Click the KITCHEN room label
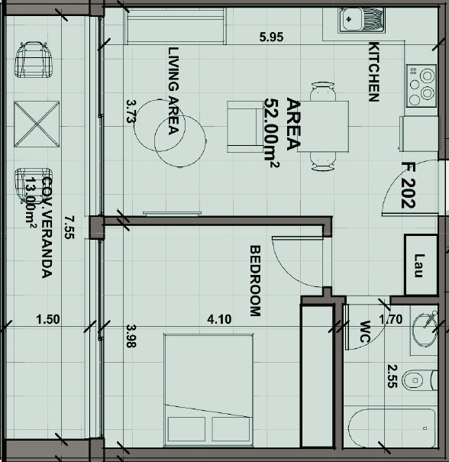point(374,71)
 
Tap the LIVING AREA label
point(173,91)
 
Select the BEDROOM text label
point(256,280)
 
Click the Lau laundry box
point(419,266)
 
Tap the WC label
point(364,331)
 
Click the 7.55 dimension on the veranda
point(69,227)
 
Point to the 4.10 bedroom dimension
point(219,321)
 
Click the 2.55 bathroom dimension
point(392,376)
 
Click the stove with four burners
point(420,86)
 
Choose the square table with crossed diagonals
point(37,123)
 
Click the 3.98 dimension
point(131,336)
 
